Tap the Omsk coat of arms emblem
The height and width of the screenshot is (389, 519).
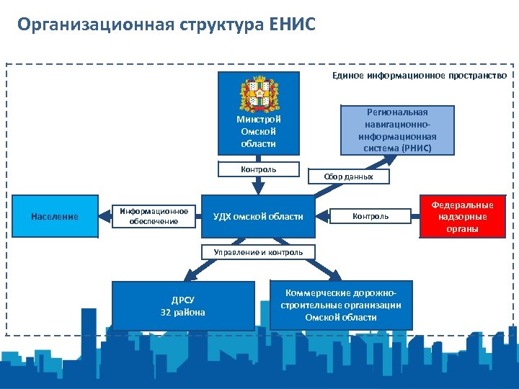coord(258,94)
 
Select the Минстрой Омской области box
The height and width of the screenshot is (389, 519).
coord(258,132)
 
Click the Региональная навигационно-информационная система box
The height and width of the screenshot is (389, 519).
coord(397,130)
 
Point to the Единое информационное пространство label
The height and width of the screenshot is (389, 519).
coord(420,75)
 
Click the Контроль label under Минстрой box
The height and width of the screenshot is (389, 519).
coord(258,169)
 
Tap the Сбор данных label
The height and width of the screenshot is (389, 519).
coord(348,176)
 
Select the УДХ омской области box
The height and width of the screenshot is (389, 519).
coord(258,216)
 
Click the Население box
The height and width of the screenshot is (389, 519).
coord(54,216)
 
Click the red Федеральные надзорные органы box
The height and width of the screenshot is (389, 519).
coord(462,216)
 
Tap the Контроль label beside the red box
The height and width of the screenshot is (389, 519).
coord(370,216)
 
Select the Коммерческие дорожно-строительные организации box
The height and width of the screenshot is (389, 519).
coord(340,305)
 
